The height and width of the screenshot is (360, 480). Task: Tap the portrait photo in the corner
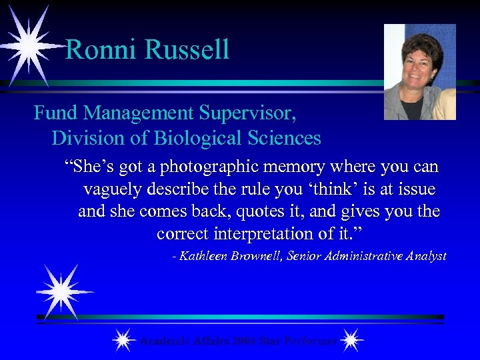click(x=420, y=72)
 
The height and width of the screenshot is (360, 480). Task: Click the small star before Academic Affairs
click(x=123, y=341)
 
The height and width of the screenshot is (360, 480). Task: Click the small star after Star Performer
click(x=351, y=341)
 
